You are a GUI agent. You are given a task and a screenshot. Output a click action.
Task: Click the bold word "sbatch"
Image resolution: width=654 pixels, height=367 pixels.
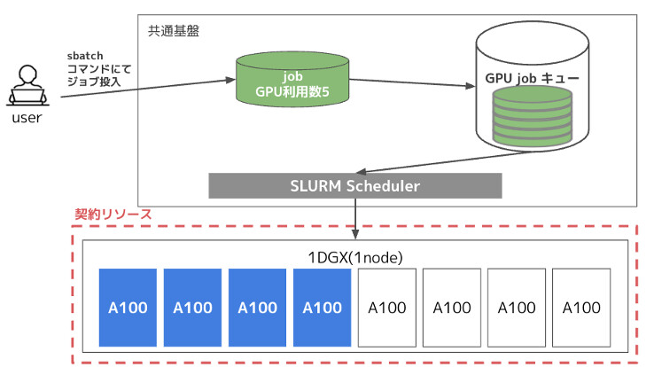coord(86,56)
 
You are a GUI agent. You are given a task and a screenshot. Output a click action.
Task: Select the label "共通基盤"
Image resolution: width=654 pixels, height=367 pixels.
coord(174,31)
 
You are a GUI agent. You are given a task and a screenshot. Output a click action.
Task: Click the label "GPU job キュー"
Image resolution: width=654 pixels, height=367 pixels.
coord(532,79)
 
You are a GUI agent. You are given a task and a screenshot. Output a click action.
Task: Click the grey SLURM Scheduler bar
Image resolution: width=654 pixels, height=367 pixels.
coord(354,186)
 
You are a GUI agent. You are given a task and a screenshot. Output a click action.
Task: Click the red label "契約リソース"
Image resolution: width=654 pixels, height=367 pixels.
coord(113,215)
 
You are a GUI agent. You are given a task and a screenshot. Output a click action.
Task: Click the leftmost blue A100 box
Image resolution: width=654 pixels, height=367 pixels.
coord(128,307)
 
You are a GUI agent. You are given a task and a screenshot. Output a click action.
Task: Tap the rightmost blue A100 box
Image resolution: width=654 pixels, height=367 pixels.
coord(322,307)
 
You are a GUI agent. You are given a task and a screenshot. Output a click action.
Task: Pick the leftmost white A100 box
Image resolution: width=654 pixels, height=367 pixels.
coord(386,307)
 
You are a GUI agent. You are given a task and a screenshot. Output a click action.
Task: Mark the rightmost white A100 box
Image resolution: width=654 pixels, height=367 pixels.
coord(581,307)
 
